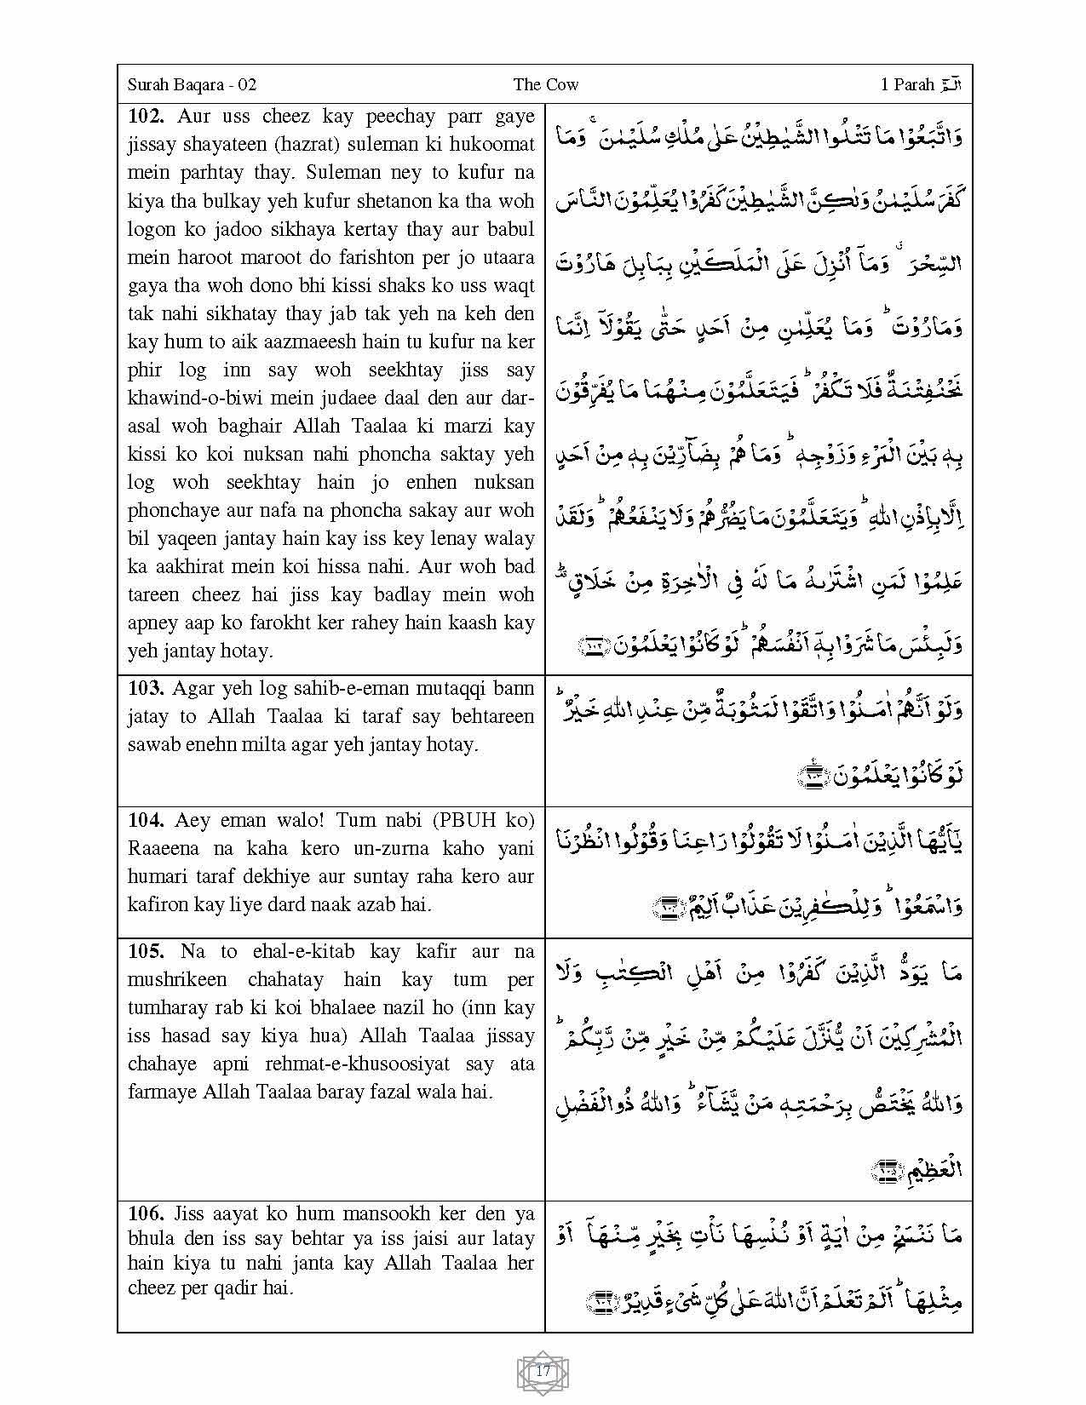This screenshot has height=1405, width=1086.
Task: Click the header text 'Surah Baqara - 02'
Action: click(x=192, y=84)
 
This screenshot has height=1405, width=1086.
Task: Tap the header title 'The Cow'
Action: click(x=546, y=84)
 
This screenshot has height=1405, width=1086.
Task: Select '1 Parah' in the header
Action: click(x=908, y=84)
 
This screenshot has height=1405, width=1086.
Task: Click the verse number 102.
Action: click(x=146, y=116)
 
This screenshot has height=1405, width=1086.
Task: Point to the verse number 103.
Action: click(x=146, y=688)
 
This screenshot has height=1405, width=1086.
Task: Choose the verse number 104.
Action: click(x=146, y=820)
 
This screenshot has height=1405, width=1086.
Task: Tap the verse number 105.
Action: click(x=146, y=951)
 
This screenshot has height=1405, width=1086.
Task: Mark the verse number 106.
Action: click(x=146, y=1213)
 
